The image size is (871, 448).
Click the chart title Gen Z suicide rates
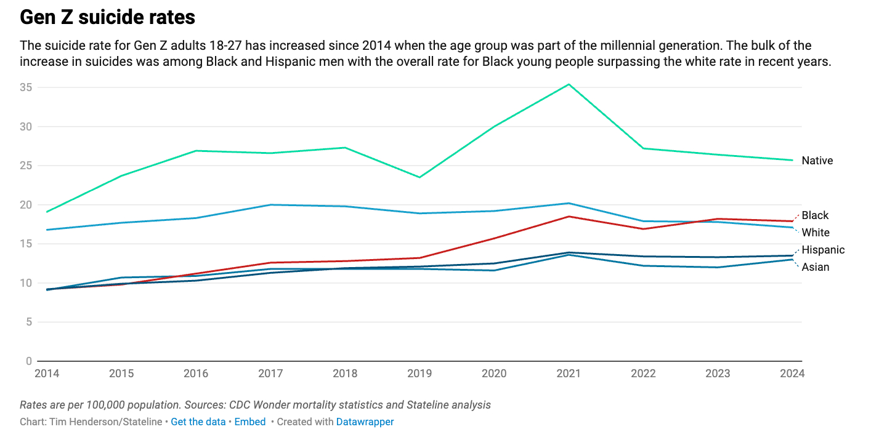[107, 17]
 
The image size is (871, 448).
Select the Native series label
[817, 161]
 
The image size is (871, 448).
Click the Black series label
[815, 215]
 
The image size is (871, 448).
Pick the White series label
[816, 233]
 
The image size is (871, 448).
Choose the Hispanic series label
[823, 250]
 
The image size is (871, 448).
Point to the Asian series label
[816, 267]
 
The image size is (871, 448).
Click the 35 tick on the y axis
[25, 87]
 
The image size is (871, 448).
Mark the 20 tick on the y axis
[25, 205]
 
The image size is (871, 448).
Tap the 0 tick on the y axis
[28, 361]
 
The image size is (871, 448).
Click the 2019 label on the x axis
[419, 374]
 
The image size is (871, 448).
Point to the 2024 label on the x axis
[792, 374]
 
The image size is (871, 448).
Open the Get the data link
[198, 422]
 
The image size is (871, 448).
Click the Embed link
[249, 422]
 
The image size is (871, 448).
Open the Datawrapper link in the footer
[365, 422]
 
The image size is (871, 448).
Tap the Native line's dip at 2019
[419, 177]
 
